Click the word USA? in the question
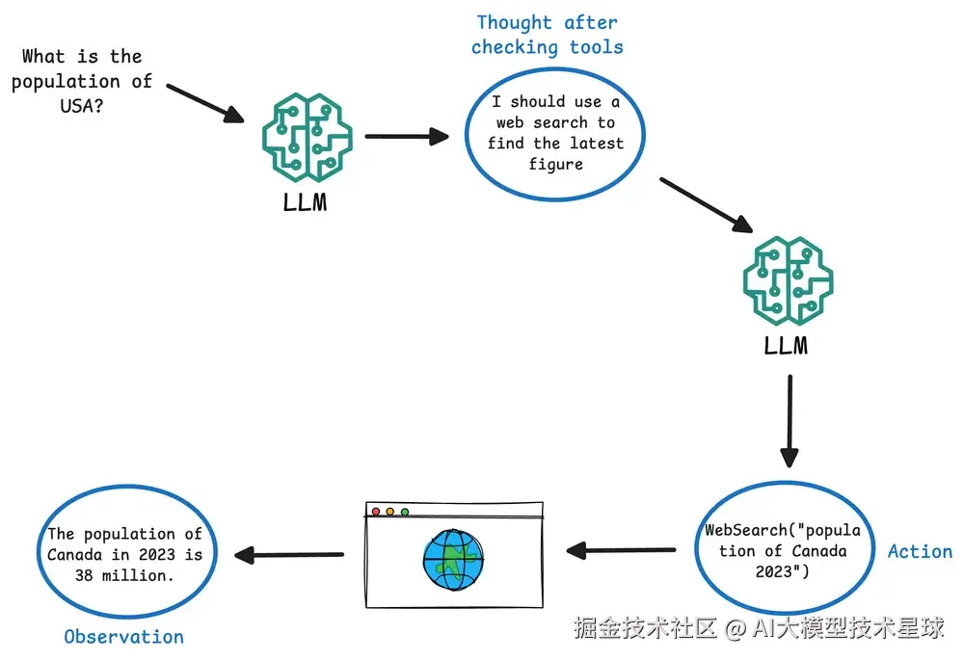click(82, 106)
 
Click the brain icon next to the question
click(308, 138)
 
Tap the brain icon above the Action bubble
click(789, 280)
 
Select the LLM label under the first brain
click(305, 202)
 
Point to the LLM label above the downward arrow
click(786, 345)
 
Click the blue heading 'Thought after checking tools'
click(548, 35)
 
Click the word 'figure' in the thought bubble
click(556, 165)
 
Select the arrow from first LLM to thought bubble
click(407, 137)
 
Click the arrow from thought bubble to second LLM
click(707, 205)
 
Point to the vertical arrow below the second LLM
click(790, 421)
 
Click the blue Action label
click(920, 551)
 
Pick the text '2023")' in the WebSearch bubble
click(782, 572)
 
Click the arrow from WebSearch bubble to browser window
click(621, 550)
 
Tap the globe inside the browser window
click(454, 560)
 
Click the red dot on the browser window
click(376, 512)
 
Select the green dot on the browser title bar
click(405, 512)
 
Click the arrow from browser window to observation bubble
click(289, 555)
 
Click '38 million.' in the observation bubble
click(124, 575)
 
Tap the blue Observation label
click(124, 636)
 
